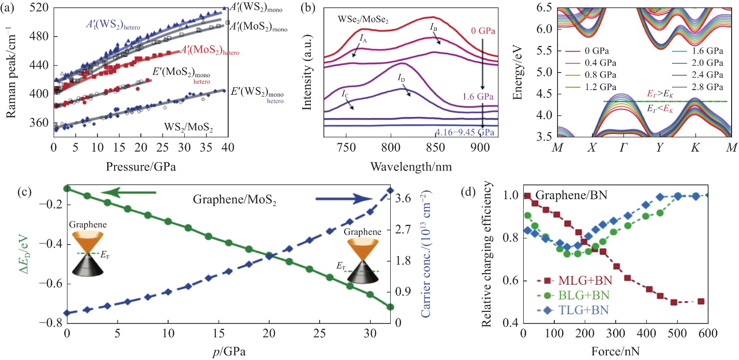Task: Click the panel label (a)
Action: click(10, 7)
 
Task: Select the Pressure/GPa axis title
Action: click(141, 167)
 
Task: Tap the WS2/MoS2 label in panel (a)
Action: click(188, 127)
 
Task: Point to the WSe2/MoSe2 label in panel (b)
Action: click(363, 19)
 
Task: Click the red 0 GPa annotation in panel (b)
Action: click(483, 31)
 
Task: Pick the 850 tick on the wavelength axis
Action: click(436, 147)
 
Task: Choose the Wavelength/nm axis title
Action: click(411, 167)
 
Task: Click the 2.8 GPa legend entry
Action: click(707, 87)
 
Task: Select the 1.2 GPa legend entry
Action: click(600, 87)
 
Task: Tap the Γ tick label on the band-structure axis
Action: click(624, 148)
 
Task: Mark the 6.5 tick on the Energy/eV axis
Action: click(544, 8)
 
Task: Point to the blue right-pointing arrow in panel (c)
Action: click(344, 199)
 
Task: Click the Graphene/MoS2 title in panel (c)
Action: click(234, 200)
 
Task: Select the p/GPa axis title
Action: click(229, 352)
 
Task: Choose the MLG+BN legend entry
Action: click(585, 281)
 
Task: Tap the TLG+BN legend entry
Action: click(583, 310)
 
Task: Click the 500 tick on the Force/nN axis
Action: click(677, 334)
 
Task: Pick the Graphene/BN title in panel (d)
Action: click(571, 195)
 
